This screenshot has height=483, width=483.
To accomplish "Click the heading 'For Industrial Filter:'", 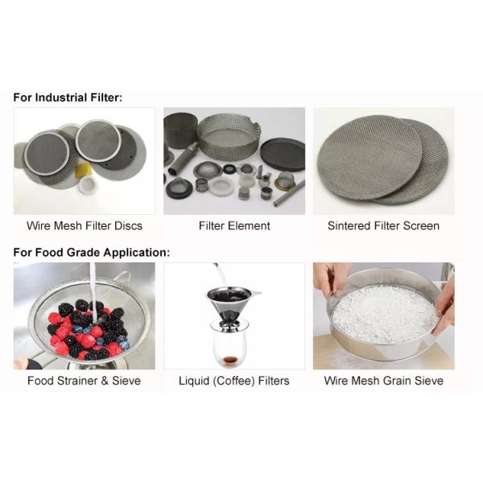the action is (x=68, y=97).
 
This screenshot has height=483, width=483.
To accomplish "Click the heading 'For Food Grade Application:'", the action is (x=92, y=253).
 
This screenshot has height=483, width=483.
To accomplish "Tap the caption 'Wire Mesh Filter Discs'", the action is (x=85, y=225).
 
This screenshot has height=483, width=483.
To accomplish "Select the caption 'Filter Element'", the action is (x=234, y=225).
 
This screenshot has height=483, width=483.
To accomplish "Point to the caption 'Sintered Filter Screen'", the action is (x=383, y=225).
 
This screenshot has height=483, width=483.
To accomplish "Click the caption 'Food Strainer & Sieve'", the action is (x=84, y=381).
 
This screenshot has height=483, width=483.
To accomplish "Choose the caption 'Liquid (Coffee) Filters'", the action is (x=234, y=381).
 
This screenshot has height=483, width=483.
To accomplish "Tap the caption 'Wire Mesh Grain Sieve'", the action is (x=384, y=381).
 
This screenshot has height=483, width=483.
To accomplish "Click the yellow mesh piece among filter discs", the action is (x=83, y=170).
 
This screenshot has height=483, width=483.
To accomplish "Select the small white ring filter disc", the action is (x=88, y=185).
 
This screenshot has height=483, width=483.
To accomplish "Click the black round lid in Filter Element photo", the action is (x=283, y=155).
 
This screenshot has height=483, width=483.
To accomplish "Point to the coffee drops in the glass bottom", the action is (x=229, y=360).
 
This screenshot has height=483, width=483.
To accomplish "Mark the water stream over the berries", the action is (x=93, y=293).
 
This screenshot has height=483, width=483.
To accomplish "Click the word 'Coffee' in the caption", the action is (x=234, y=381).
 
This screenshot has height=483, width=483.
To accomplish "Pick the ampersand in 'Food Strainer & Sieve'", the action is (x=105, y=381).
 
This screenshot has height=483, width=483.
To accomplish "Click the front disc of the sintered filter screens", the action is (x=369, y=157).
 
